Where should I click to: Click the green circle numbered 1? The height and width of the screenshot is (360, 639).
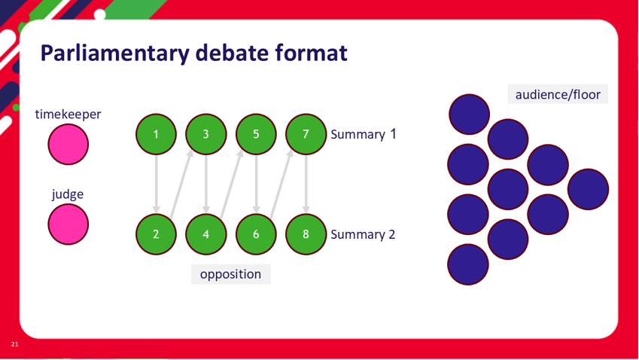coord(156,134)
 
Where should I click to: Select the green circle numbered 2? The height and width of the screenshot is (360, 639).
coord(156,234)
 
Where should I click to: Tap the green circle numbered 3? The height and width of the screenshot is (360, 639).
coord(205,134)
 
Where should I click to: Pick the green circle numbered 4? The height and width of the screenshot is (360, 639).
coord(205,234)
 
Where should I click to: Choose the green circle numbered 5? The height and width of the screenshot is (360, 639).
coord(256,134)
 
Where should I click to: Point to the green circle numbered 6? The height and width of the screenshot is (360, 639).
coord(256,234)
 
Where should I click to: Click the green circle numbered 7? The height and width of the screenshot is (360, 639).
coord(306,134)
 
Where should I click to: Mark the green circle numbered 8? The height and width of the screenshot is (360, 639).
coord(306,234)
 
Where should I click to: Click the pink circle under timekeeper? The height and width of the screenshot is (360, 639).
coord(68,145)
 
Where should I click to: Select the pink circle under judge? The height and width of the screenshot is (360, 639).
coord(68,224)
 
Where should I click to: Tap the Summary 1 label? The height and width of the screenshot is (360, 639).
coord(363,134)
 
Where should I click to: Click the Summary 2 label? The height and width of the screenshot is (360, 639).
coord(363,234)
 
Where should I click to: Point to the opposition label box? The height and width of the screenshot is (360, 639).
coord(230,274)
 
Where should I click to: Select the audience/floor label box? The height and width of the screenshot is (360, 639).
coord(558,94)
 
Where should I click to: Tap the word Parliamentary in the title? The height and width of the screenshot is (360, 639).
coord(115,53)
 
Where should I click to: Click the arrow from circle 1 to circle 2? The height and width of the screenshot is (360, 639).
coord(156,184)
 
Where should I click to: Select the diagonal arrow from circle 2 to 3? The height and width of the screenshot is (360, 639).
coord(181,185)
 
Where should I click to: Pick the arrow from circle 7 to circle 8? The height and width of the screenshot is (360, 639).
coord(306,184)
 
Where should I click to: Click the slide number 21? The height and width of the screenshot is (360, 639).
coord(14,344)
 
